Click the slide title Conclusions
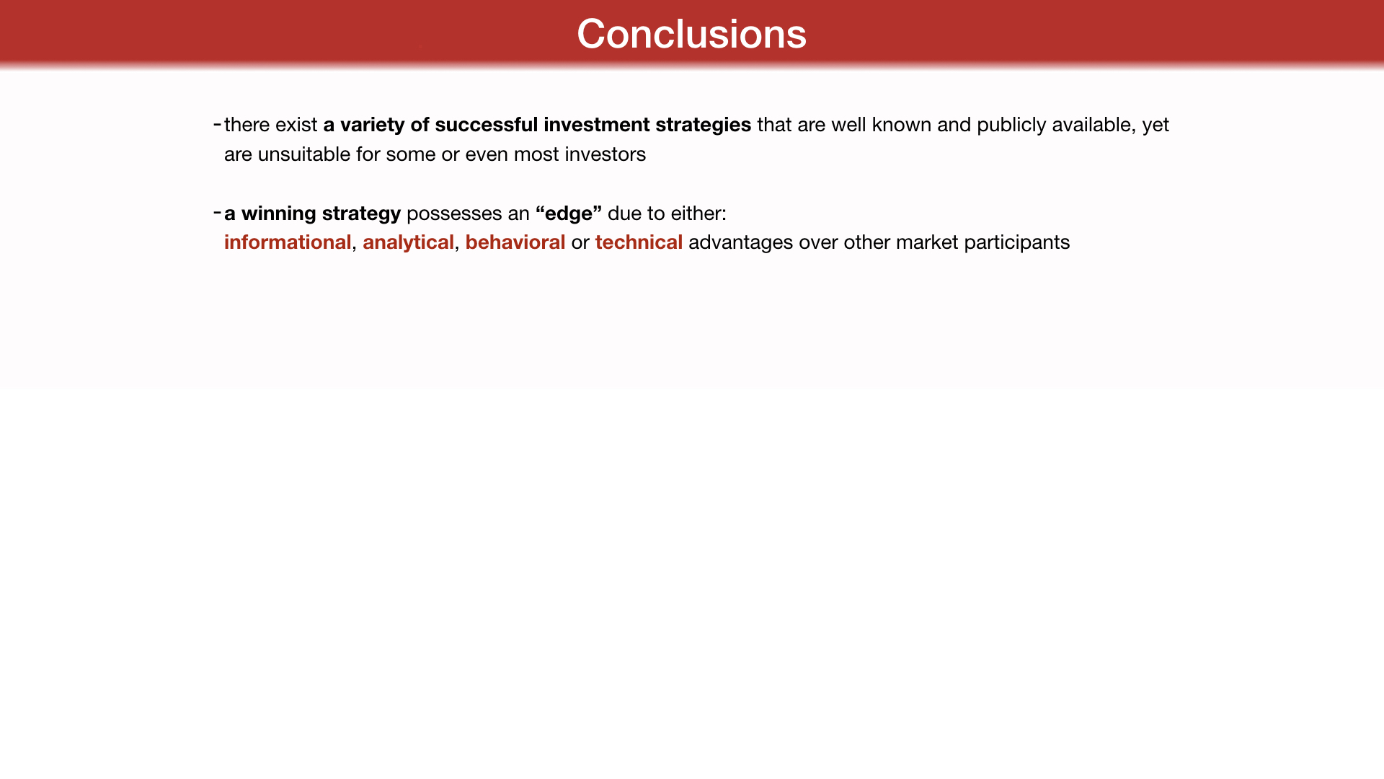[691, 34]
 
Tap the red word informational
[288, 242]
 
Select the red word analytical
[408, 243]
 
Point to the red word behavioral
[515, 242]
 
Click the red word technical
[639, 242]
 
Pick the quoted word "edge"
[569, 214]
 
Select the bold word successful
[487, 125]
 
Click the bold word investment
[597, 125]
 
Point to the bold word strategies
[703, 126]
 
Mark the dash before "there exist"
[218, 125]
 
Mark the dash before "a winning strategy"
[218, 213]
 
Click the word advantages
[740, 243]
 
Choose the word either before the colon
[696, 214]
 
